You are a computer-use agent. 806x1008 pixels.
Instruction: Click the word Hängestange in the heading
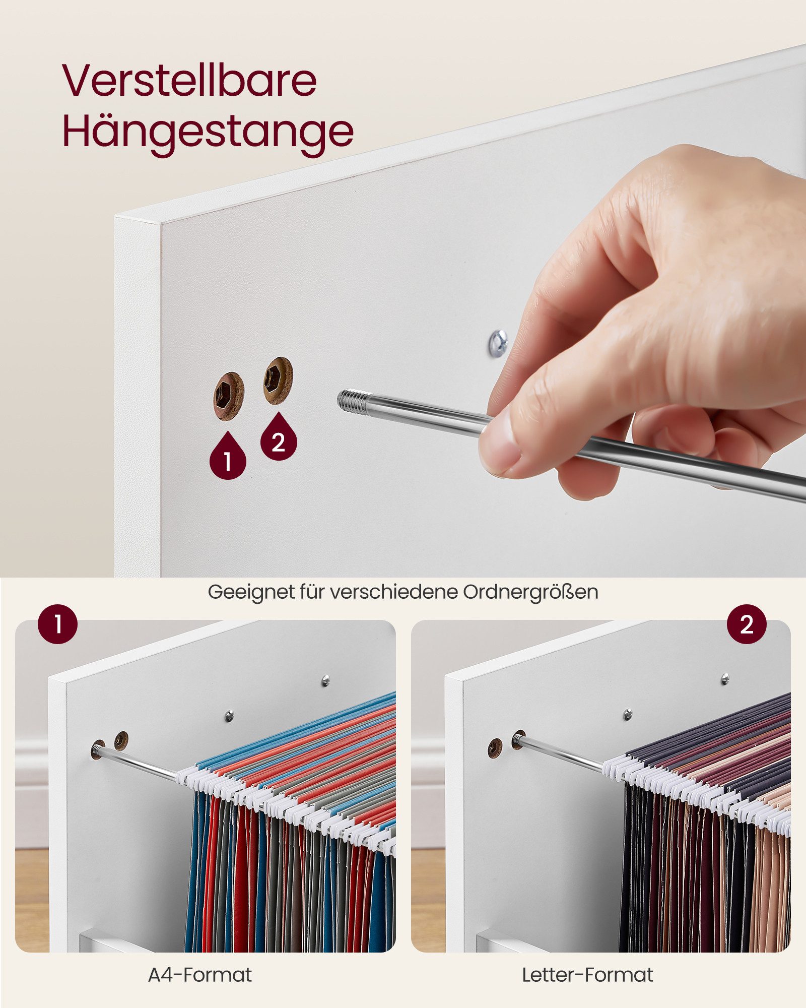pos(208,132)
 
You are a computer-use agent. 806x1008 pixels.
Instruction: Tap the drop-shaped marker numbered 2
pos(279,438)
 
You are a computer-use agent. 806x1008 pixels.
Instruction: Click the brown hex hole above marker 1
pos(229,396)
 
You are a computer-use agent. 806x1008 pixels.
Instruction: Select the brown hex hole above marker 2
pos(278,381)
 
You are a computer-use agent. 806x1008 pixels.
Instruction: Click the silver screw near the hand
pos(498,343)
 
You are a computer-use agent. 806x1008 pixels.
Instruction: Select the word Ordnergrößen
pos(530,592)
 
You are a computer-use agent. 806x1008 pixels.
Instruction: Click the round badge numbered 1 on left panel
pos(58,624)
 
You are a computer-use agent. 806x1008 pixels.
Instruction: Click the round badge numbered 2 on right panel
pos(747,624)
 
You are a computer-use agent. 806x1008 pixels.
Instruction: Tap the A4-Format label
pos(200,975)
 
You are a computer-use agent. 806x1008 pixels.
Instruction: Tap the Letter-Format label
pos(587,975)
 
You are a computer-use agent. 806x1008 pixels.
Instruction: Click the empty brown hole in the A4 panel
pos(121,740)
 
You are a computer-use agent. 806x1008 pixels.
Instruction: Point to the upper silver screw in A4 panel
pos(326,681)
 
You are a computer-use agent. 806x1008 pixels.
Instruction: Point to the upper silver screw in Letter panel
pos(725,678)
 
